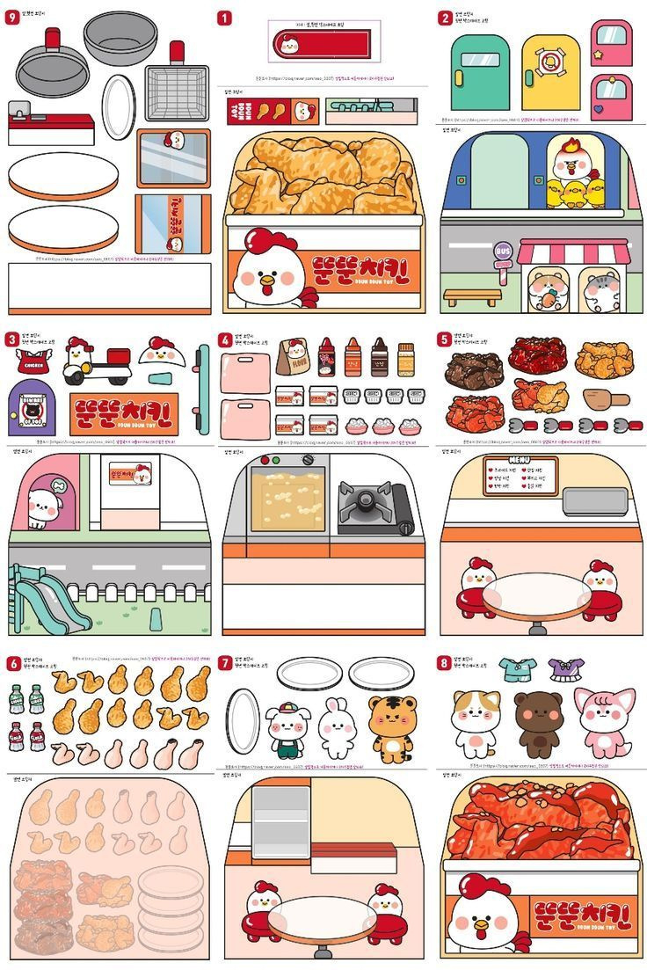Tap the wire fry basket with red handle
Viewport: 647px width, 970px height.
point(177,90)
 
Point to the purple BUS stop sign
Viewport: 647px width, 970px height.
point(503,252)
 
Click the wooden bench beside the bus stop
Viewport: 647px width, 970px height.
point(471,296)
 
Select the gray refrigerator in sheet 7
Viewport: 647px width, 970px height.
point(280,822)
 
